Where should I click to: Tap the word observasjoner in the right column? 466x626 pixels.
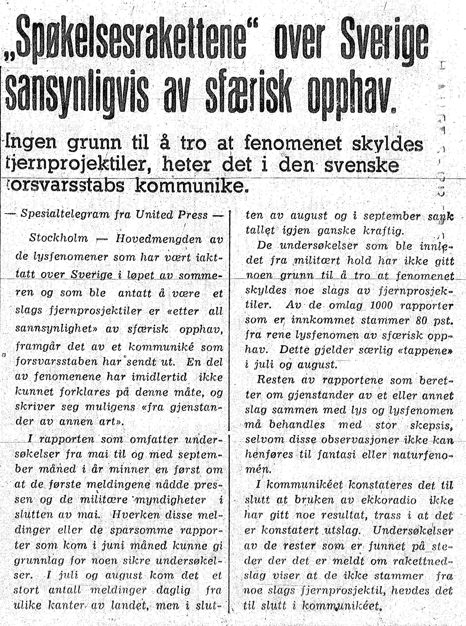[x=341, y=440]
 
